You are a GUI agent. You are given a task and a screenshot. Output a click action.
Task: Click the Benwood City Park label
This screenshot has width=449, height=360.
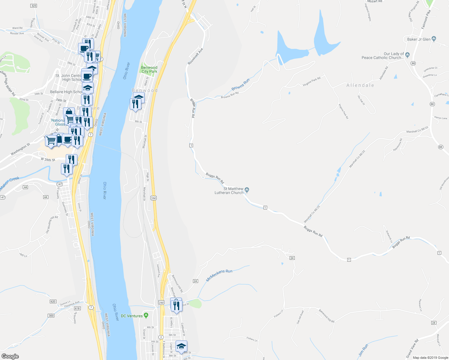pos(149,70)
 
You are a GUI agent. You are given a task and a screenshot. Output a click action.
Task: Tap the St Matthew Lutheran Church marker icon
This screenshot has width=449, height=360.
pos(247,189)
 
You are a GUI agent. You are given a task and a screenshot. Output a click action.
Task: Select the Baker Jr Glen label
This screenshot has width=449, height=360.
pos(419,39)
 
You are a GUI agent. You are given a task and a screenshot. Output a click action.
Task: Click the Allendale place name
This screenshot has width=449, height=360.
pos(360,85)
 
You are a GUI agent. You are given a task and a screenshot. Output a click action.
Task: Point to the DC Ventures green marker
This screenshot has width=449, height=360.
pos(146,315)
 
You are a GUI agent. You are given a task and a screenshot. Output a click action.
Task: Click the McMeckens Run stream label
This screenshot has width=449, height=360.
pos(219,275)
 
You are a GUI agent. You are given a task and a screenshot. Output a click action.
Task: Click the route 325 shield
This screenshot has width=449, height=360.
pos(34,6)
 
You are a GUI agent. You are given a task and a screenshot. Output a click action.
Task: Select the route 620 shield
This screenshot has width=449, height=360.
pos(53,301)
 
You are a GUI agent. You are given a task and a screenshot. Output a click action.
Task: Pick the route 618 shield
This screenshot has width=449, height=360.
pos(77,308)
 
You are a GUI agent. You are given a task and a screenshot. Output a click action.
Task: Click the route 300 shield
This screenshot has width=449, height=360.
pos(51,315)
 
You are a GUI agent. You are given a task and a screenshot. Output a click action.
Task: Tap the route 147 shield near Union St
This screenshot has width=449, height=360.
pos(59,184)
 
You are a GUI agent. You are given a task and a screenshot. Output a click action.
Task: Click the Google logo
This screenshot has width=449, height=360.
pos(10,356)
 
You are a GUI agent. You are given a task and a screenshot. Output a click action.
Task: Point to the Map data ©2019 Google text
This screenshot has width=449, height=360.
pos(430,358)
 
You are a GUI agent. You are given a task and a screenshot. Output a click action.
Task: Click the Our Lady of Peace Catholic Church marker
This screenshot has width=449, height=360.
pos(407,55)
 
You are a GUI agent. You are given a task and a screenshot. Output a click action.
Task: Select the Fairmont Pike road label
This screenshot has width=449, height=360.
pos(426,19)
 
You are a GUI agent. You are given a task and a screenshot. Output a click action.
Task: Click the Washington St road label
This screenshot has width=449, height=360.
pos(20,149)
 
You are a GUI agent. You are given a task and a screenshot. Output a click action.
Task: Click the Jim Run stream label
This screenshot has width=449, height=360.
pos(363,350)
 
